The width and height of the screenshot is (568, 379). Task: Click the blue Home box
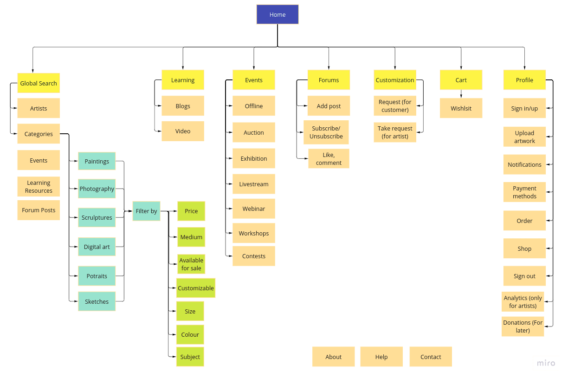(278, 14)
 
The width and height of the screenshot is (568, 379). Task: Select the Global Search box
(39, 83)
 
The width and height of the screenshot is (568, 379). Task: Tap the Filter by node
(146, 211)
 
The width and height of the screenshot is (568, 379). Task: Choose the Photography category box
(97, 189)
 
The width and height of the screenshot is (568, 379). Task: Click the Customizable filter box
(196, 288)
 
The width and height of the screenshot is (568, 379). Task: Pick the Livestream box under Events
(254, 184)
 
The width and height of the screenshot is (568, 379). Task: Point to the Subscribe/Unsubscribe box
(326, 132)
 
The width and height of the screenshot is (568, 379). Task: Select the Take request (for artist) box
(395, 132)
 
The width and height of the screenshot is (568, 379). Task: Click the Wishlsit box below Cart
(461, 108)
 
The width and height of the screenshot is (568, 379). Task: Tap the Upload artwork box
(524, 137)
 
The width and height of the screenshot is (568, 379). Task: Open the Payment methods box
(524, 192)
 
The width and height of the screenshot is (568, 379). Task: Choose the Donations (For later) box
(523, 327)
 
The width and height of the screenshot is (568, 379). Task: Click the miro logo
(546, 363)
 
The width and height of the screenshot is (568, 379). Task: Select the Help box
(381, 357)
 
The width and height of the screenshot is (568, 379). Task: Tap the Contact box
(431, 357)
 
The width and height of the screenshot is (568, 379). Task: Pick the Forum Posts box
(39, 210)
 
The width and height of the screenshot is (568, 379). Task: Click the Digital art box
(97, 247)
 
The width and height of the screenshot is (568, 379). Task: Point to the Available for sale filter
(191, 264)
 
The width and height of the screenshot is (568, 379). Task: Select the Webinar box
(254, 209)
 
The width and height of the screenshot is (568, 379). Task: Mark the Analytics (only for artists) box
(523, 302)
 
